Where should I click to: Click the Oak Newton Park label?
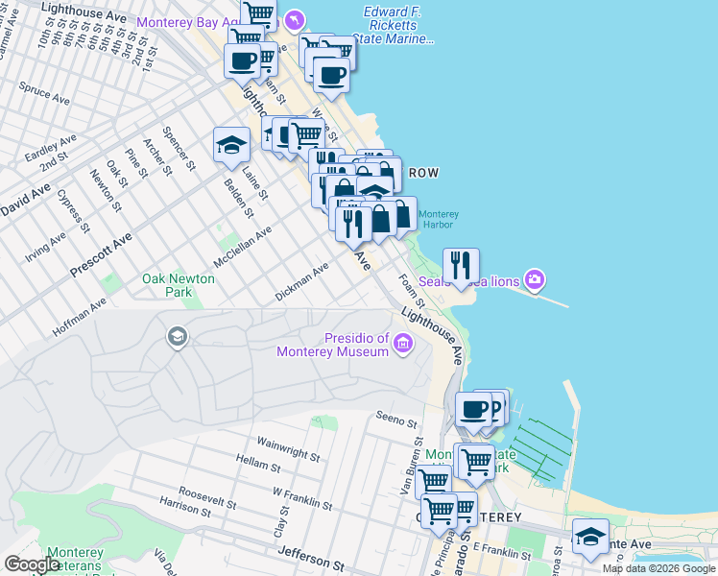pos(179,285)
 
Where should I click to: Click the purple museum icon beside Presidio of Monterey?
pos(402,343)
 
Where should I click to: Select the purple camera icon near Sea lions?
pos(535,280)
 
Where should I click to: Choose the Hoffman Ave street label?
pos(79,317)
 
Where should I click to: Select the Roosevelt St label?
pos(206,489)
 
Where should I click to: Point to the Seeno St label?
pos(397,420)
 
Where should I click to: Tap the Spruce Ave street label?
pos(44,96)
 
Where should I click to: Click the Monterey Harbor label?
pos(439,220)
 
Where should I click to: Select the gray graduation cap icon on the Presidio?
pos(177,336)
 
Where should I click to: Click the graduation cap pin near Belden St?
pos(230,145)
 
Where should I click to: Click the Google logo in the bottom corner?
pos(32,564)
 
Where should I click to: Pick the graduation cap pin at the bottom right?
pos(590,536)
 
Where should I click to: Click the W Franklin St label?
pos(301,498)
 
